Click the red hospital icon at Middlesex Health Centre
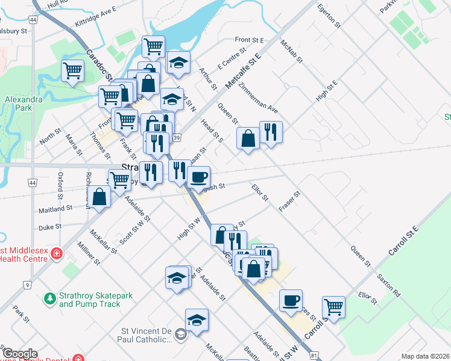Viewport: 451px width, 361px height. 56,254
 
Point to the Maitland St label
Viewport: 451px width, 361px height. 55,208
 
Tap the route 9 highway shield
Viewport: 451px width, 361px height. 27,284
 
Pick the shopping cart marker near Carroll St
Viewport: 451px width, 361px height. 333,307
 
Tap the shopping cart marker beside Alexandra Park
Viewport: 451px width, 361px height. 72,70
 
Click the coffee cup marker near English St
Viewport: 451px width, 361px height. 199,177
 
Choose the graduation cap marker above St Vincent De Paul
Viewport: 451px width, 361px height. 197,321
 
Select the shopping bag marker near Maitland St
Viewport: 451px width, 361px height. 100,196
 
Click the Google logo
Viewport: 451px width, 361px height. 20,354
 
